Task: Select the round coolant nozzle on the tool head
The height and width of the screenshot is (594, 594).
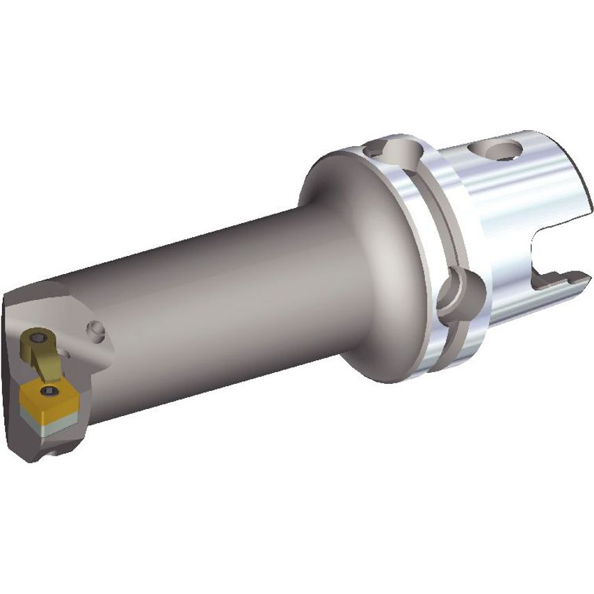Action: (95, 328)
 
